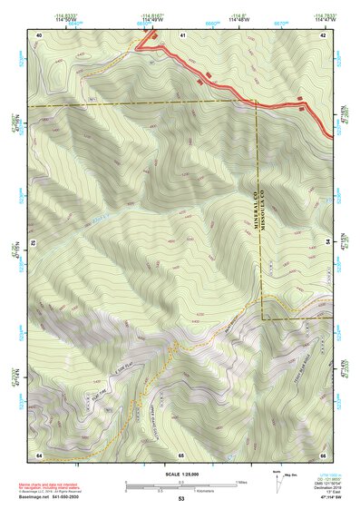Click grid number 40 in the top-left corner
pos(39,34)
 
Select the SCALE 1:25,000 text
pos(180,475)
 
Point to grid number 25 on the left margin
pos(32,243)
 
